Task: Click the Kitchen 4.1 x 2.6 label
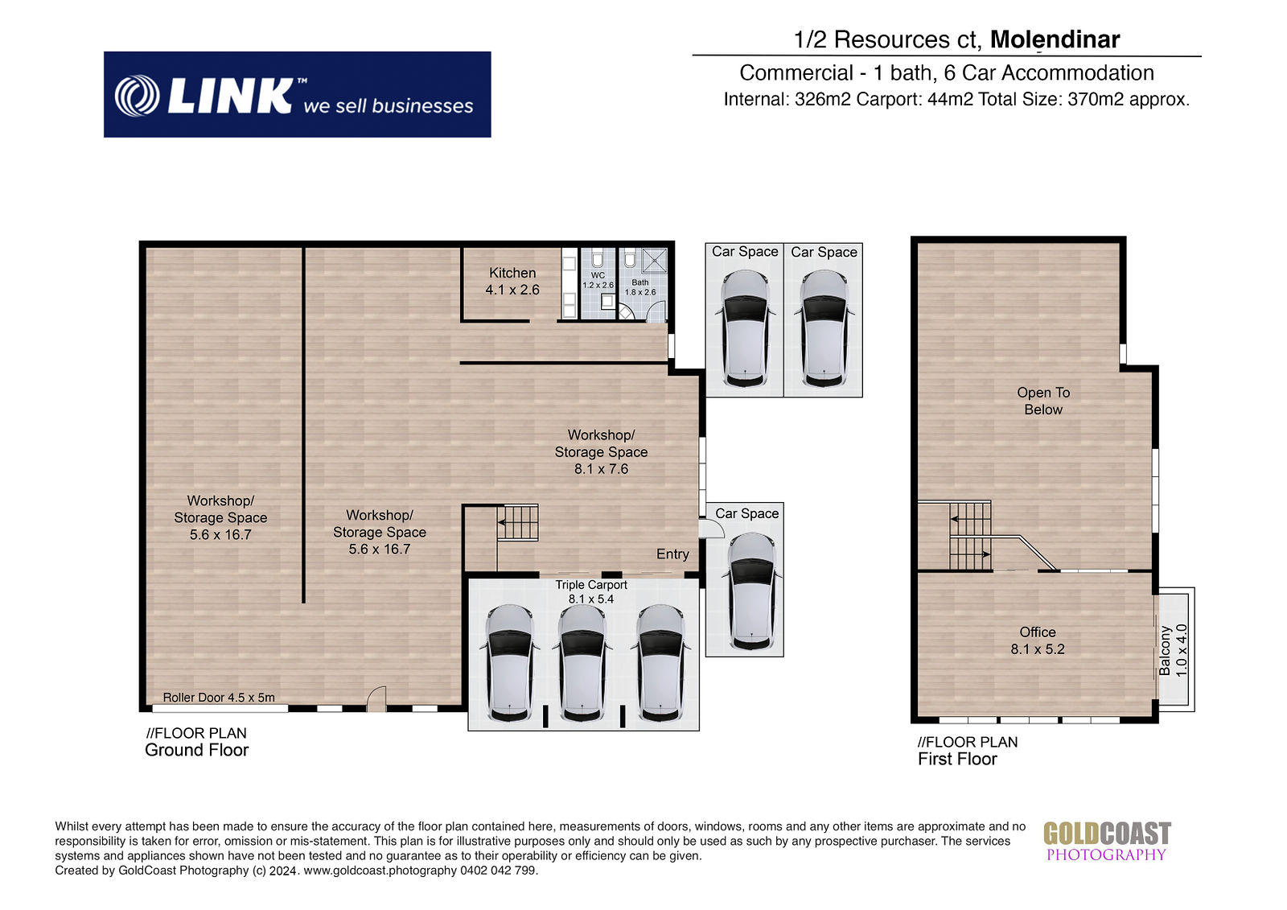pyautogui.click(x=512, y=281)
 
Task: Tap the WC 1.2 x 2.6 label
pyautogui.click(x=598, y=280)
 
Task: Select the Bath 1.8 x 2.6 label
pyautogui.click(x=640, y=287)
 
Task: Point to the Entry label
pyautogui.click(x=672, y=554)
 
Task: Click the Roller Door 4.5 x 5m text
pyautogui.click(x=218, y=698)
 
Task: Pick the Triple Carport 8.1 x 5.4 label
pyautogui.click(x=590, y=591)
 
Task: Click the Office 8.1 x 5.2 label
pyautogui.click(x=1037, y=640)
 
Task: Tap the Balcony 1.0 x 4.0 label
pyautogui.click(x=1173, y=650)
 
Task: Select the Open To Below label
pyautogui.click(x=1042, y=401)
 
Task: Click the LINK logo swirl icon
pyautogui.click(x=137, y=96)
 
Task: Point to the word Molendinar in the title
pyautogui.click(x=1055, y=39)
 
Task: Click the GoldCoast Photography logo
pyautogui.click(x=1107, y=842)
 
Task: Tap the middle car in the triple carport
pyautogui.click(x=582, y=663)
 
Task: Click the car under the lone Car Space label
pyautogui.click(x=751, y=591)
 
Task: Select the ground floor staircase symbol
pyautogui.click(x=517, y=522)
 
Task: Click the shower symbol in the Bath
pyautogui.click(x=654, y=260)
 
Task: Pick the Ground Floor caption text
pyautogui.click(x=196, y=750)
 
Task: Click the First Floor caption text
pyautogui.click(x=956, y=759)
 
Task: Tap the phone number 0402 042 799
pyautogui.click(x=499, y=871)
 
